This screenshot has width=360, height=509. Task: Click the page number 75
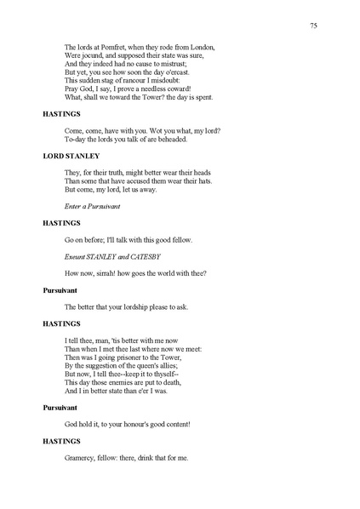click(314, 26)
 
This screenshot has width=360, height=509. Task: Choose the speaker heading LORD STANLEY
click(71, 156)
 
